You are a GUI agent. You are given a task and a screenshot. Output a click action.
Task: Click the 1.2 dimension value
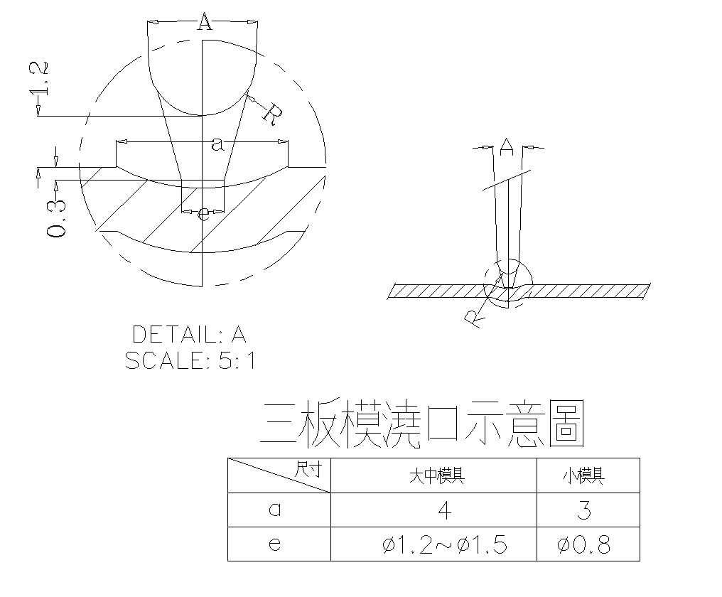point(41,79)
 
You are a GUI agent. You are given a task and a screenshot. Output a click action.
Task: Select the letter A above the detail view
point(204,23)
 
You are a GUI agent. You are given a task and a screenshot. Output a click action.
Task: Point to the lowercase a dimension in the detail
point(218,144)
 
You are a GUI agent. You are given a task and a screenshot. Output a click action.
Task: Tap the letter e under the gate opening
point(204,212)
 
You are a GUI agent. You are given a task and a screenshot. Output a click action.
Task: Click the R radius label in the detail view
point(271,113)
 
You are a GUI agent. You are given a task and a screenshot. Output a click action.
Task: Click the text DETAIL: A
point(189,334)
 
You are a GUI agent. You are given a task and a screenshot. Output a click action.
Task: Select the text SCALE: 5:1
point(190,361)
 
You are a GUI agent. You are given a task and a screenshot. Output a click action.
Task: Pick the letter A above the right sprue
point(506,146)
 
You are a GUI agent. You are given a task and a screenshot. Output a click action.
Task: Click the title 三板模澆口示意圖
point(423,424)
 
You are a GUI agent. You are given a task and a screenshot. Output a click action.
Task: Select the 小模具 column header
point(588,475)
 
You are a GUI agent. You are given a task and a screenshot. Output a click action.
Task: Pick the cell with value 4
point(444,510)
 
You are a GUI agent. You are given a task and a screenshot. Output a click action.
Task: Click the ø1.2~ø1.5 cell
point(444,545)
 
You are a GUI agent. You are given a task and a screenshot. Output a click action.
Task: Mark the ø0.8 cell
point(584,545)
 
